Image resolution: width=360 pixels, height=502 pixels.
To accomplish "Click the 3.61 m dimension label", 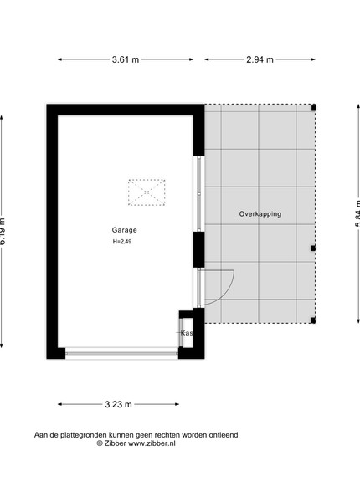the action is (126, 59).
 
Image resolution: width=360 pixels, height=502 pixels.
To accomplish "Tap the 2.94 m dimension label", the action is (260, 59).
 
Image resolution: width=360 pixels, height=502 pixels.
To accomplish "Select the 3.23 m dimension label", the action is (118, 404).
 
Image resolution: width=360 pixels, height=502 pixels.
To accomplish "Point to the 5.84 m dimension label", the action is (357, 213).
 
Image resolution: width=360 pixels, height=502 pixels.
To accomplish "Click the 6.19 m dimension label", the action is (3, 232).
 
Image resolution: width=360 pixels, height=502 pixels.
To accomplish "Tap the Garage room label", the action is (124, 230).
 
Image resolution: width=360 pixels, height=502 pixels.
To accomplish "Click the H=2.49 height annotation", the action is (122, 242).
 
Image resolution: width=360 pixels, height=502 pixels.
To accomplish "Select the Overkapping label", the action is (260, 214).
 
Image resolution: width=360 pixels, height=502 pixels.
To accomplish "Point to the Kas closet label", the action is (187, 333).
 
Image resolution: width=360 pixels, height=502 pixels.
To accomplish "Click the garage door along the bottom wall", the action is (121, 353).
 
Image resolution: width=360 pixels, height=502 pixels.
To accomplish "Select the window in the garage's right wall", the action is (199, 194).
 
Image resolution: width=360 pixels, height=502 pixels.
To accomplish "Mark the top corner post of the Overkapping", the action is (314, 108).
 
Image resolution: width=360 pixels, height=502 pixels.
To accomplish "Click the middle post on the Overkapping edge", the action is (313, 248).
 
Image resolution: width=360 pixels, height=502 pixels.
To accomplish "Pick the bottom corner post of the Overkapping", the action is (313, 320).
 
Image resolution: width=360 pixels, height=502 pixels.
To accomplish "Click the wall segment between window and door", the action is (199, 249).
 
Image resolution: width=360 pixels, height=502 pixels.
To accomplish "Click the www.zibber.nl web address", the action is (152, 443).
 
